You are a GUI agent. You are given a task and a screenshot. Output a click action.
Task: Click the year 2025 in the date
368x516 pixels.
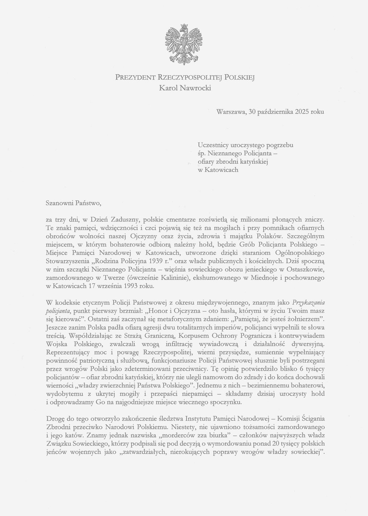click(x=304, y=111)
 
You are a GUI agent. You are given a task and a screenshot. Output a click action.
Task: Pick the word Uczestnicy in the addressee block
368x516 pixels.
click(x=213, y=146)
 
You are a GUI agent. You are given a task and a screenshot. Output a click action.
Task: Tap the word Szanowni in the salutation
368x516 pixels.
click(x=59, y=200)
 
